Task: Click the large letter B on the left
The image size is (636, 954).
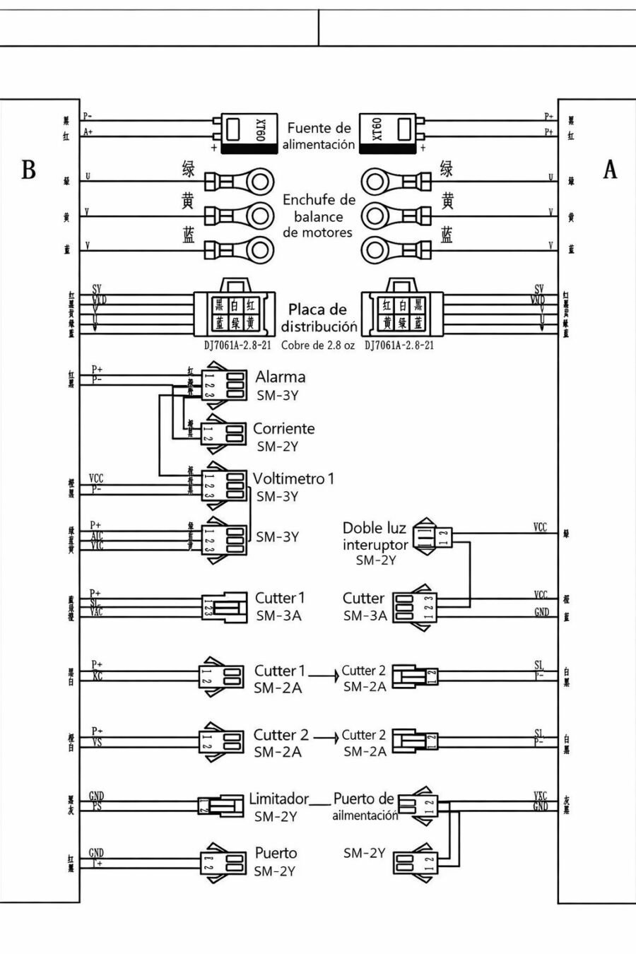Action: pyautogui.click(x=29, y=170)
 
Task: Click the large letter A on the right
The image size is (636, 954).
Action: pyautogui.click(x=610, y=170)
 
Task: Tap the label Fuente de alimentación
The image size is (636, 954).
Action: pyautogui.click(x=319, y=136)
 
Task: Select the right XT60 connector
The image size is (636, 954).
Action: pyautogui.click(x=391, y=133)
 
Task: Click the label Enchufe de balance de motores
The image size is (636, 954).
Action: pyautogui.click(x=318, y=216)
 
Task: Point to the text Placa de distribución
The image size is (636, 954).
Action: pyautogui.click(x=319, y=318)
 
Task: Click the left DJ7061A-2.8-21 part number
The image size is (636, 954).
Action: pyautogui.click(x=237, y=346)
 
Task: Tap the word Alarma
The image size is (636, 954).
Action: pyautogui.click(x=281, y=377)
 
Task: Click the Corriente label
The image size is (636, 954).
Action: pyautogui.click(x=284, y=429)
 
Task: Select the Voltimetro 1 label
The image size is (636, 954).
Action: pyautogui.click(x=293, y=478)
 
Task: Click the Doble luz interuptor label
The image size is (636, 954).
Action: pyautogui.click(x=375, y=536)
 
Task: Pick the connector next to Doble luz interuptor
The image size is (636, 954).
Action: pyautogui.click(x=432, y=536)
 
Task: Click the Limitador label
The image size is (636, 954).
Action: pyautogui.click(x=278, y=799)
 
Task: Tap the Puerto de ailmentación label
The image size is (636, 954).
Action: pyautogui.click(x=364, y=806)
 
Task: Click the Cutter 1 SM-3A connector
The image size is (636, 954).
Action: pyautogui.click(x=223, y=607)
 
